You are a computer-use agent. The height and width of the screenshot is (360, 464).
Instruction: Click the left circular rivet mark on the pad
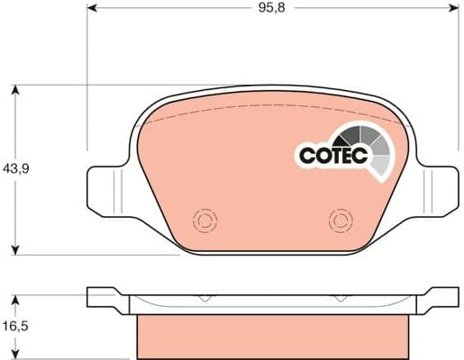tap(204, 220)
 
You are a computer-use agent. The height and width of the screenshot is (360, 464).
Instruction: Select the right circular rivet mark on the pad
tap(340, 220)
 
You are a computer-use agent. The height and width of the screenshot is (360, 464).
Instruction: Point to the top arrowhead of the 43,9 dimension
tap(16, 90)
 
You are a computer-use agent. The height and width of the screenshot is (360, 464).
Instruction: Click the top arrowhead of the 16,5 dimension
tap(16, 297)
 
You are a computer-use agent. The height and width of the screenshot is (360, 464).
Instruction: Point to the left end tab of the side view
tap(101, 296)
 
